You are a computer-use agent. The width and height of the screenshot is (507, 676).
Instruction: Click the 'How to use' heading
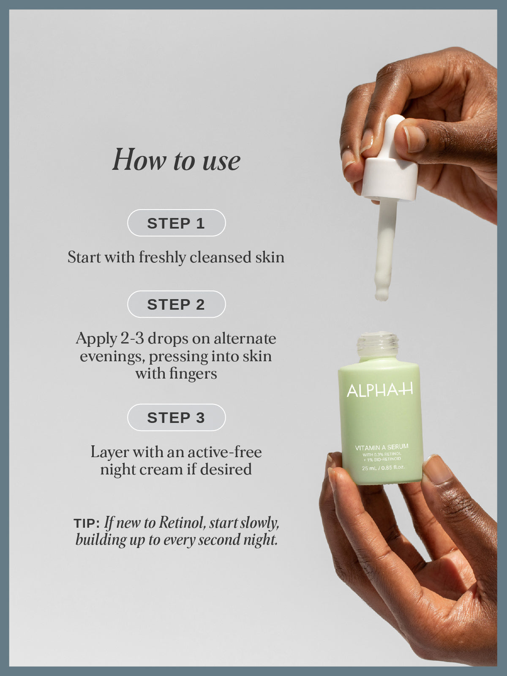(x=176, y=160)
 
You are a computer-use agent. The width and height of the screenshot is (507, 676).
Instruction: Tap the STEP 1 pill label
(x=176, y=223)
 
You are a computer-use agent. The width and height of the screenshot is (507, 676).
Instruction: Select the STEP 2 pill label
(x=176, y=304)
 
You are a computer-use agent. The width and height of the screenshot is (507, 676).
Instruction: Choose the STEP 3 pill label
(x=176, y=417)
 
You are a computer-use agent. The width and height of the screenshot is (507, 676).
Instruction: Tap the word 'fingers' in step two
(x=193, y=373)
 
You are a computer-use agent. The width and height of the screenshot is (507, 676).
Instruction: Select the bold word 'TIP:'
(x=87, y=523)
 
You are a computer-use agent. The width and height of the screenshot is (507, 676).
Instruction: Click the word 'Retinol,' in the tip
(x=182, y=523)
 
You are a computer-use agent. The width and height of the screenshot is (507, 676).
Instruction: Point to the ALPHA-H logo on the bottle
(x=379, y=390)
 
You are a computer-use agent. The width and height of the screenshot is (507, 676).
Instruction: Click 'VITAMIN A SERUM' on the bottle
(x=382, y=447)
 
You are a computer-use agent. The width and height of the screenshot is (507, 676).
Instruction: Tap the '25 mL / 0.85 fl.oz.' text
(x=383, y=468)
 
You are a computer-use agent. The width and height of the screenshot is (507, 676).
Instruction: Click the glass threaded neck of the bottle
(x=377, y=344)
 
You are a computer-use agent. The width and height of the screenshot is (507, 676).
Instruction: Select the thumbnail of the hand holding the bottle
(x=436, y=469)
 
